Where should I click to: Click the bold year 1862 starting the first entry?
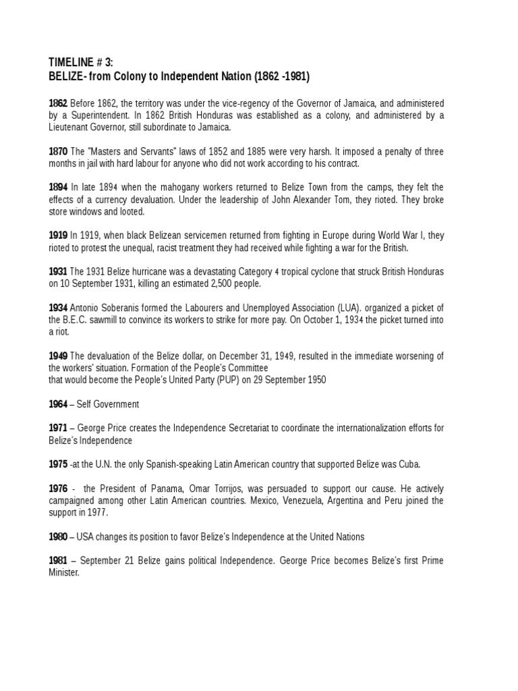click(57, 103)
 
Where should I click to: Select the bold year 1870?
click(57, 152)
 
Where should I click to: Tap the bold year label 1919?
click(57, 236)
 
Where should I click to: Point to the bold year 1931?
click(57, 272)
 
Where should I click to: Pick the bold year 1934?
click(57, 308)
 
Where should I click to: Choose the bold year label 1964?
click(57, 404)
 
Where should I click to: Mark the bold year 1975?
click(57, 464)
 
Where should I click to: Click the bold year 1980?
click(57, 536)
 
